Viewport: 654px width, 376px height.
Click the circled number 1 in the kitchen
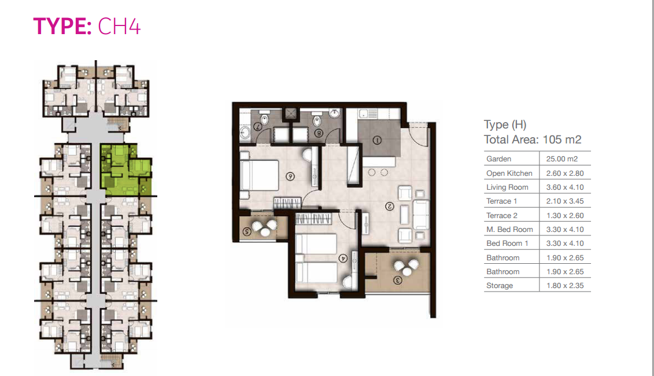click(377, 140)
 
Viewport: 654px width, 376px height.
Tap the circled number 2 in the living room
click(390, 206)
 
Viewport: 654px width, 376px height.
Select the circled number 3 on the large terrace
click(397, 280)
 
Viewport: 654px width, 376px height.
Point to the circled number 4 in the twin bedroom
click(343, 259)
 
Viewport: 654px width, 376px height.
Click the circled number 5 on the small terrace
click(247, 231)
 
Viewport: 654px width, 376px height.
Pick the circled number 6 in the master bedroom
click(290, 176)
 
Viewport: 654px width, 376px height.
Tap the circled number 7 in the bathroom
click(258, 126)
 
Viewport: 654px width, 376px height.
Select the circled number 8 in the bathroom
click(319, 133)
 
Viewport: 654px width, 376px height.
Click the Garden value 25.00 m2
click(562, 159)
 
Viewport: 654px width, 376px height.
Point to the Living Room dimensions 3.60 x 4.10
click(565, 187)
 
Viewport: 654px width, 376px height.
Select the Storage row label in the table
click(499, 286)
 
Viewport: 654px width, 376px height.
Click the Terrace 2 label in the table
click(502, 215)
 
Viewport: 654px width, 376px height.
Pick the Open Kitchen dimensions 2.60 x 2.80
click(565, 173)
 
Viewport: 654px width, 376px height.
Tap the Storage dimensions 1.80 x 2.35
click(565, 286)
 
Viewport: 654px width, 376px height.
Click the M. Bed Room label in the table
click(509, 230)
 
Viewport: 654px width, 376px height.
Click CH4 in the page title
click(119, 26)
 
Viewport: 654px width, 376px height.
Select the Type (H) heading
click(505, 124)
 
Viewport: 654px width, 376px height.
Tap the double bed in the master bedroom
click(259, 175)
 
